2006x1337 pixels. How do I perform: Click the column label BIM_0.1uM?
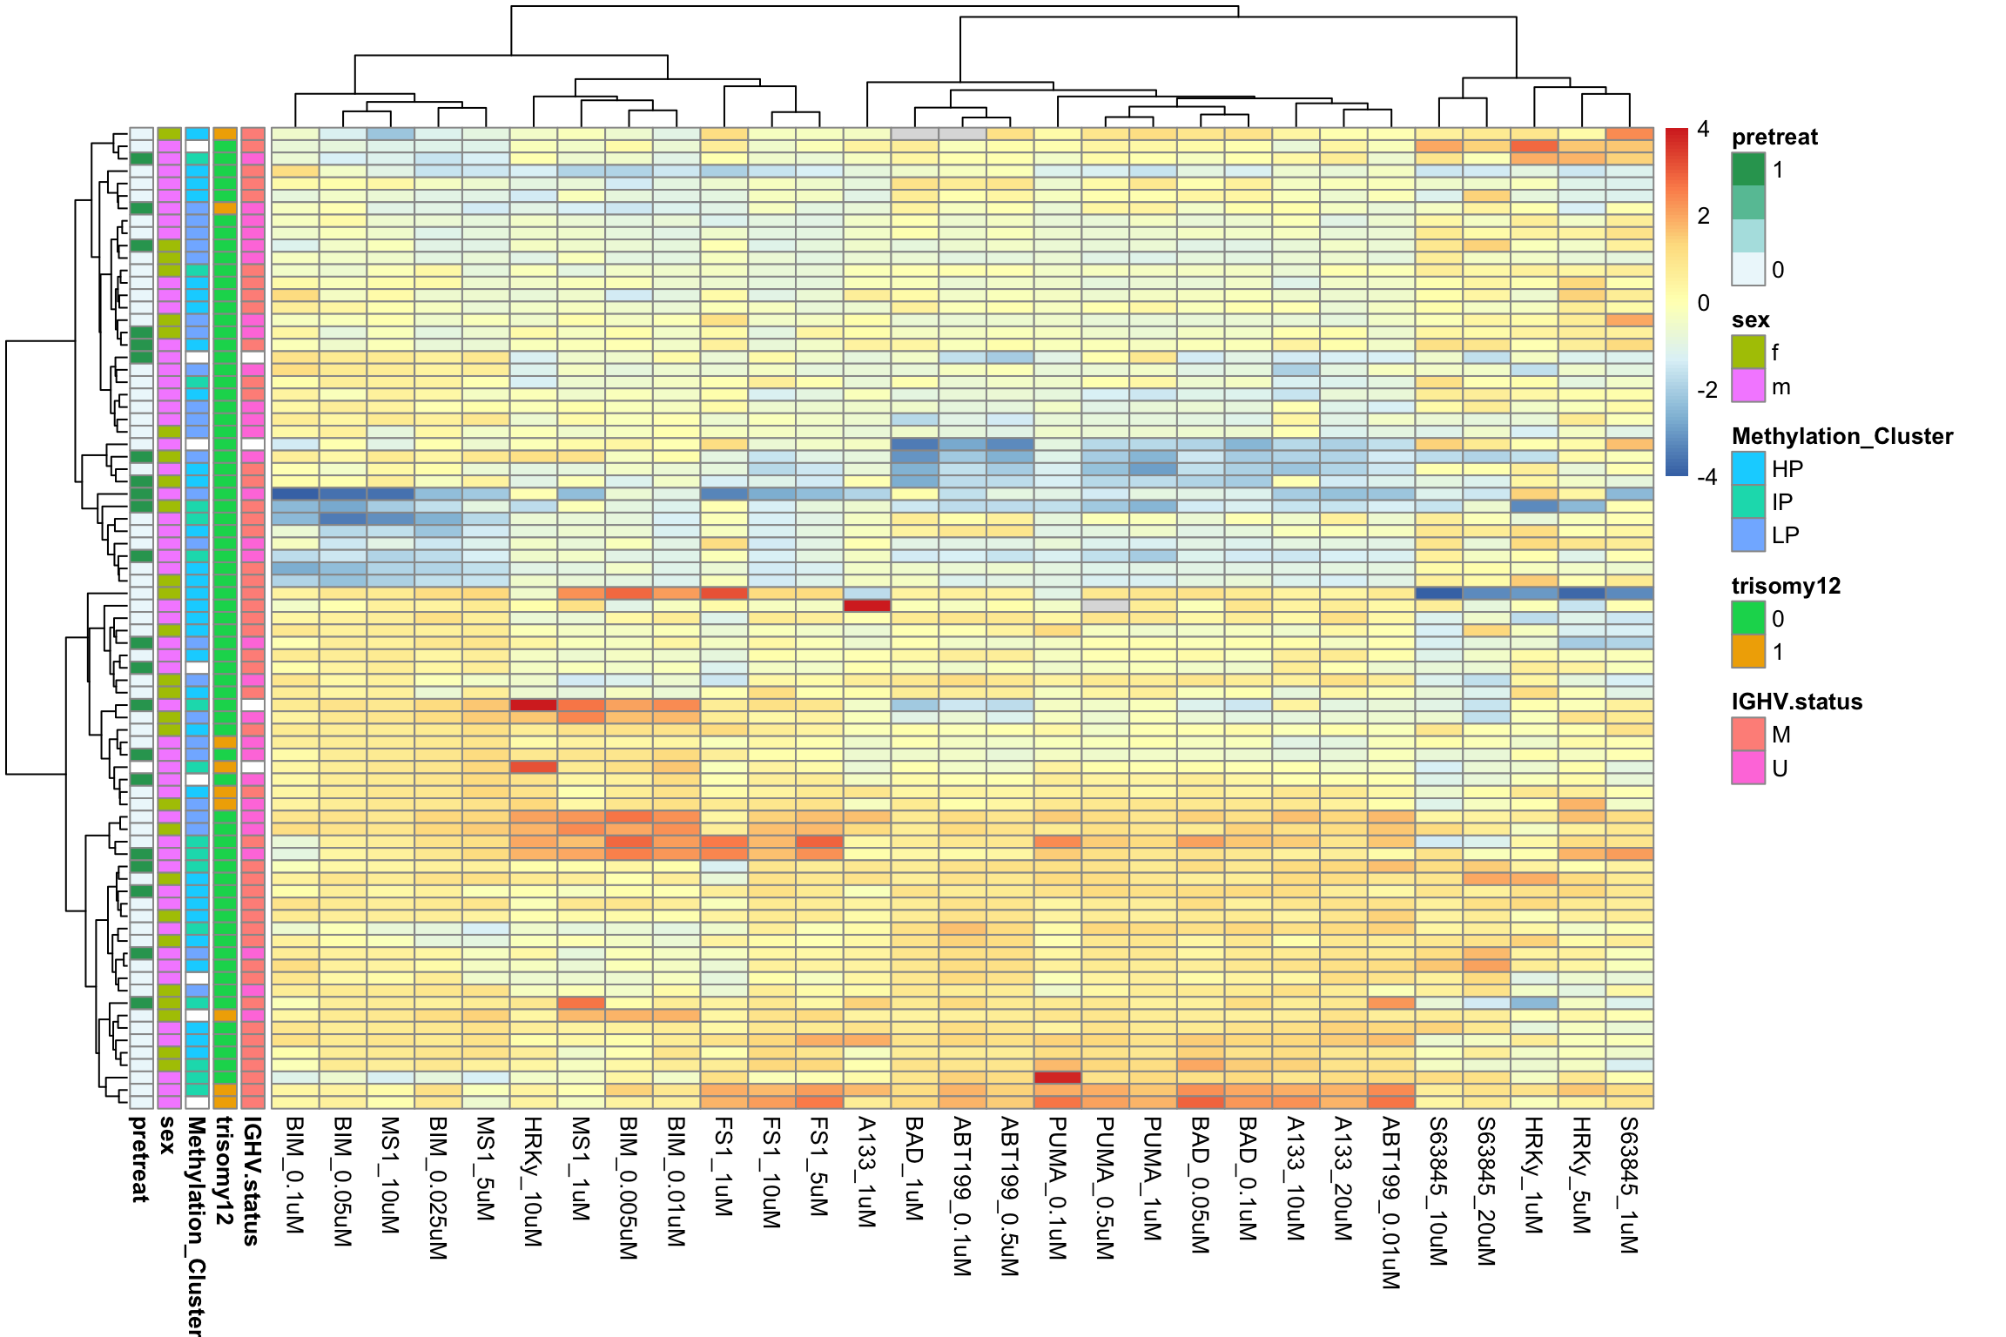click(x=295, y=1175)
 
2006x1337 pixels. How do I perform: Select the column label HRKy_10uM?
click(x=533, y=1181)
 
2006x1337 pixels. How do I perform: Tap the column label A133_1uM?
click(x=866, y=1172)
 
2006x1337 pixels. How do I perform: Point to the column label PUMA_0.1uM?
click(x=1057, y=1188)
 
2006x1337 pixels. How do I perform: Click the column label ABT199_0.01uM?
click(x=1390, y=1202)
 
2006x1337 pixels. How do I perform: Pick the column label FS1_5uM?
click(x=818, y=1166)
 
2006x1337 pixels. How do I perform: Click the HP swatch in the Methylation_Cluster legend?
click(x=1747, y=468)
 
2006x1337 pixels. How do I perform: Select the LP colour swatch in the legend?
click(x=1747, y=534)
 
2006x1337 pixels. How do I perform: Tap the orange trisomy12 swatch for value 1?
click(x=1747, y=651)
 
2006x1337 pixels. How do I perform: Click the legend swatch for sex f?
click(x=1747, y=352)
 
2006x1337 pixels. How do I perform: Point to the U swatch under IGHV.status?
click(x=1747, y=768)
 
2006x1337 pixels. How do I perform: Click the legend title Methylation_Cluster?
click(x=1841, y=436)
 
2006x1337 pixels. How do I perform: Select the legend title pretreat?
click(x=1774, y=137)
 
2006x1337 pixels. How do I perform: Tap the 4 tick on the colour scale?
click(x=1703, y=130)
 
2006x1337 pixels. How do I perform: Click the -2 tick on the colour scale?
click(x=1706, y=390)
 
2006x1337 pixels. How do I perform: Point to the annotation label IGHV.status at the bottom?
click(x=252, y=1181)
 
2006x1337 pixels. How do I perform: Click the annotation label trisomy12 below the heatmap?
click(x=225, y=1171)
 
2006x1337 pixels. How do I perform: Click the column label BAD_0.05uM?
click(x=1200, y=1185)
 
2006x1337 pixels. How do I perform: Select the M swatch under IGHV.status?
click(x=1747, y=734)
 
